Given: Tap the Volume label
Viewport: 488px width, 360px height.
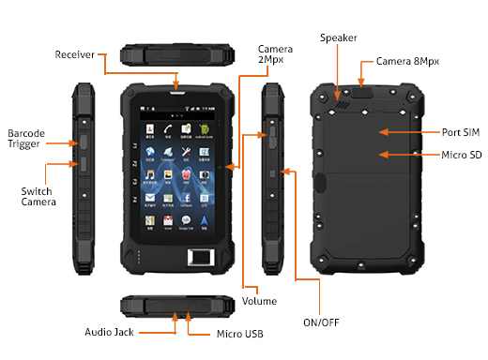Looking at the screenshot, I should pyautogui.click(x=259, y=300).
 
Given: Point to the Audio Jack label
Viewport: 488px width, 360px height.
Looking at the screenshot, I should pyautogui.click(x=109, y=331).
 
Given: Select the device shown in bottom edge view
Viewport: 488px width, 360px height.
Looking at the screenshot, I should pyautogui.click(x=175, y=307).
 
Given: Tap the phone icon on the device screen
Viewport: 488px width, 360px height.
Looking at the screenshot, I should pyautogui.click(x=166, y=127).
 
